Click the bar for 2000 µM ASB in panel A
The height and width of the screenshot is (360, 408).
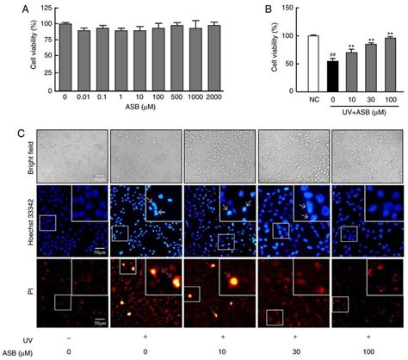pos(213,58)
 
